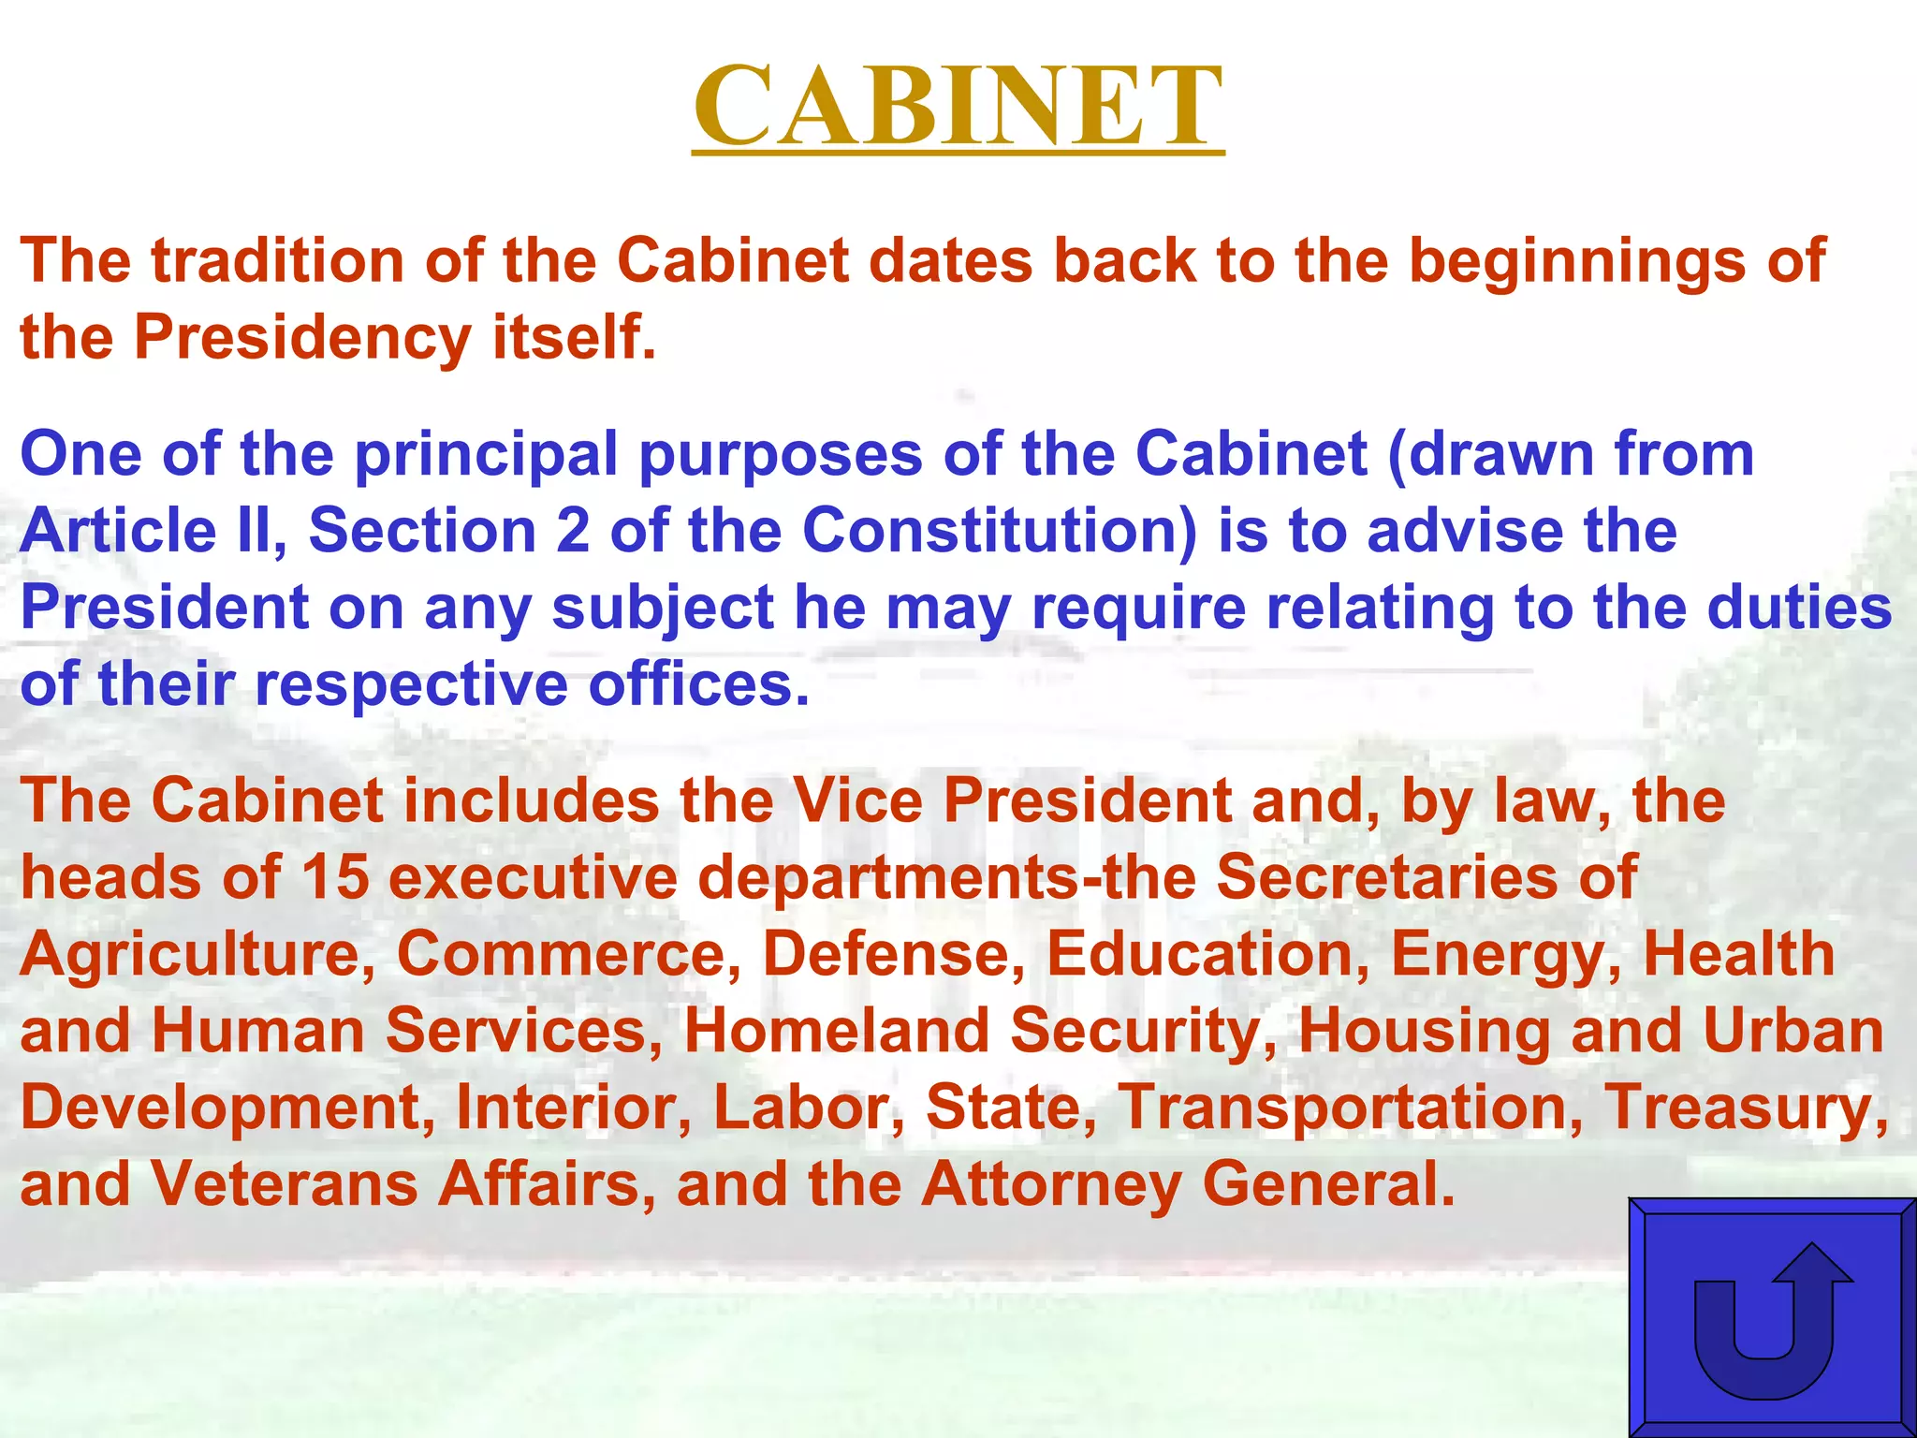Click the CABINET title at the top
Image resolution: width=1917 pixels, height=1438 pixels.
point(958,105)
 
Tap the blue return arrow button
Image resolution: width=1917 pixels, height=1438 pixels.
point(1771,1317)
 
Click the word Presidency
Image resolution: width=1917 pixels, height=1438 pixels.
point(302,337)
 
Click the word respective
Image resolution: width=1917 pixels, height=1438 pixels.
point(411,684)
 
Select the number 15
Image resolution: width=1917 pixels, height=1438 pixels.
point(335,877)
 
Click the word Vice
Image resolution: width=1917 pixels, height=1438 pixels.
point(857,801)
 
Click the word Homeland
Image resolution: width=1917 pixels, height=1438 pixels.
point(837,1031)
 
